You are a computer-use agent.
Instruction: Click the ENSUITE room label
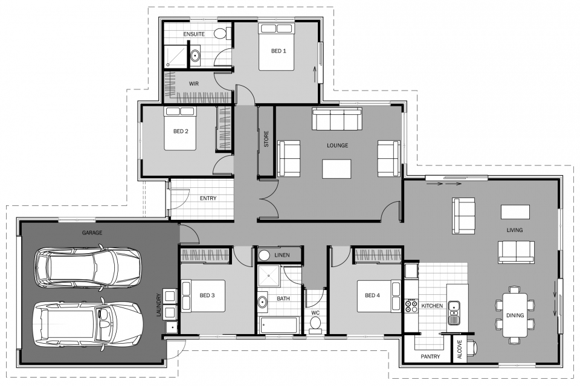pos(193,34)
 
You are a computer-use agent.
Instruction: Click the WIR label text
pos(194,84)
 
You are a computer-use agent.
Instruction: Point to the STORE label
pos(266,140)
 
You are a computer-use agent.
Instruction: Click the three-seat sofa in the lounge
pos(337,118)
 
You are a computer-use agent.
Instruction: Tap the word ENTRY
pos(208,198)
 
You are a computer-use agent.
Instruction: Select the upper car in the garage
pos(88,266)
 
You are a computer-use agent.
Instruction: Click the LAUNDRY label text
pos(159,306)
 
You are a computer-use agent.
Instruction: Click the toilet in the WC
pos(315,325)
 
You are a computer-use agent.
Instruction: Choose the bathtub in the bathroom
pos(279,325)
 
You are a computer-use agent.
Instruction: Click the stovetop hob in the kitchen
pos(411,305)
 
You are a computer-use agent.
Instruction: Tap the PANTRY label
pos(430,357)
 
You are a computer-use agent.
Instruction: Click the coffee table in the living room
pos(515,211)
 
